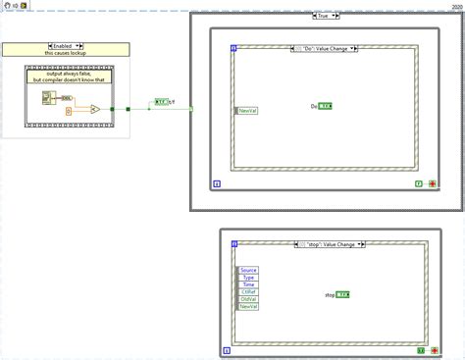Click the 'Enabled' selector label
(x=65, y=45)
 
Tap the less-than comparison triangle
(x=96, y=109)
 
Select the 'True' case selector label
(x=325, y=16)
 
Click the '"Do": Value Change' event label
(x=325, y=48)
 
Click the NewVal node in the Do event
(x=247, y=111)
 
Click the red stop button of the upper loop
(x=432, y=182)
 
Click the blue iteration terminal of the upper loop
(x=216, y=182)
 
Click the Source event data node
(x=247, y=269)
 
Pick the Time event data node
(x=247, y=284)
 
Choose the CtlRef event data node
(x=247, y=292)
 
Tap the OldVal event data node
(x=247, y=300)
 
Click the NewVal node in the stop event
(x=247, y=308)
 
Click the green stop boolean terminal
(x=343, y=294)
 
